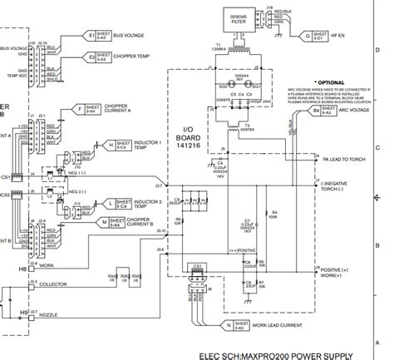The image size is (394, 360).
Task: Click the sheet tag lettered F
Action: click(x=80, y=108)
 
